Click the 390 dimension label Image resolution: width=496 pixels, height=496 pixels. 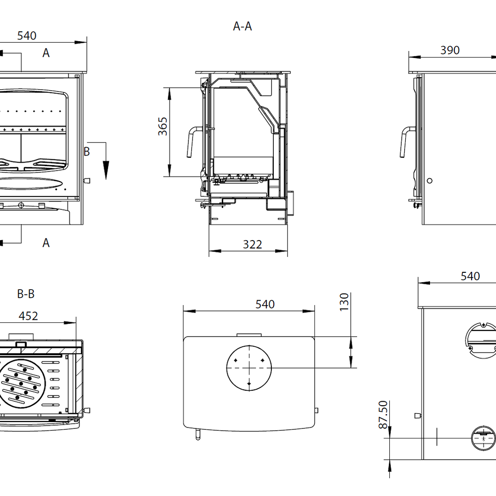450,50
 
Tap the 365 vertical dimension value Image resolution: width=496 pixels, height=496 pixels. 163,126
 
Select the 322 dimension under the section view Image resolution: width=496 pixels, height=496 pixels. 252,244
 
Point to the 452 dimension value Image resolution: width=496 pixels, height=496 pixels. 28,316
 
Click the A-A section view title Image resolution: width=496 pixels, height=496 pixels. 243,26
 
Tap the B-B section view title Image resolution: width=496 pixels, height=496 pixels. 26,294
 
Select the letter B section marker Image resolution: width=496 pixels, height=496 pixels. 86,152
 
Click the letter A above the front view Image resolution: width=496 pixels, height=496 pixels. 46,53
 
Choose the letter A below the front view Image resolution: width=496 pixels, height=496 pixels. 46,243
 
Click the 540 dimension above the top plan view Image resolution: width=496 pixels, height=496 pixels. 265,304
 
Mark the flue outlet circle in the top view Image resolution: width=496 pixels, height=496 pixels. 249,368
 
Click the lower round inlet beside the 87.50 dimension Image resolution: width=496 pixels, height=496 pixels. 483,438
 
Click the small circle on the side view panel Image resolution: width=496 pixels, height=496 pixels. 430,181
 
